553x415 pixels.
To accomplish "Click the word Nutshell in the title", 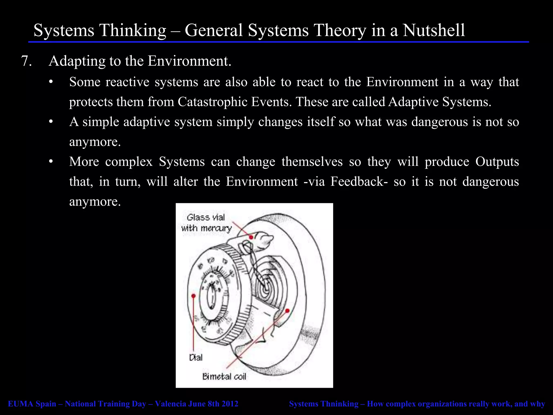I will click(x=434, y=30).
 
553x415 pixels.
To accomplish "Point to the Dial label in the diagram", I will click(x=196, y=358).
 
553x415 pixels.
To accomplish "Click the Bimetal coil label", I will click(x=224, y=377).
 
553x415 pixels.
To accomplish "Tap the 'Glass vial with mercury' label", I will click(x=206, y=223).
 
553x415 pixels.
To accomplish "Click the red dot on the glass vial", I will click(x=251, y=237).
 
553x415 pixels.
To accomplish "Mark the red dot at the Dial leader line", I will click(x=193, y=296).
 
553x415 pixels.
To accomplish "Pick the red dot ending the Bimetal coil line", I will click(x=287, y=311).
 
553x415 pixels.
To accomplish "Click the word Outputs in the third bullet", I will click(x=497, y=162).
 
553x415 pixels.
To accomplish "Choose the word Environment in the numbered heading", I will click(x=189, y=61).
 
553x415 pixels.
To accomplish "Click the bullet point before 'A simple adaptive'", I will click(x=51, y=122).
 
